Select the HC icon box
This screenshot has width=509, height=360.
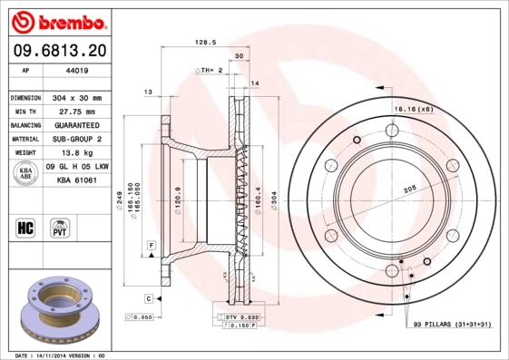(25, 227)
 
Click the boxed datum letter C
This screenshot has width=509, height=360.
(147, 298)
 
